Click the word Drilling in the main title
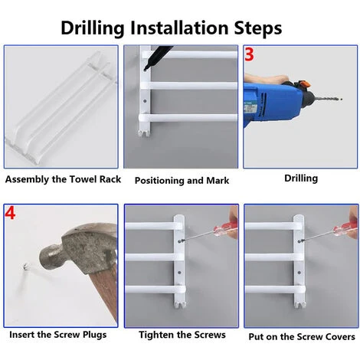(93, 28)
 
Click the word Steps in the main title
(258, 28)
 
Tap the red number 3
(249, 54)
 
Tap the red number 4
(10, 213)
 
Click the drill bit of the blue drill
(328, 98)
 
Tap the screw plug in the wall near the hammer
(25, 267)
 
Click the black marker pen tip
(146, 68)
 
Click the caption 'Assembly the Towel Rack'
(63, 179)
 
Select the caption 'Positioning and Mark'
(182, 181)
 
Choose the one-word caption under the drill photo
(301, 178)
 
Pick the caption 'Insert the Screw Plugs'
(58, 335)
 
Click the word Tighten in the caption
(155, 335)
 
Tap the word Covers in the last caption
(340, 336)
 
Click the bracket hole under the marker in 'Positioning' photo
(145, 101)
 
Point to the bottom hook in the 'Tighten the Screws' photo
(180, 304)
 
